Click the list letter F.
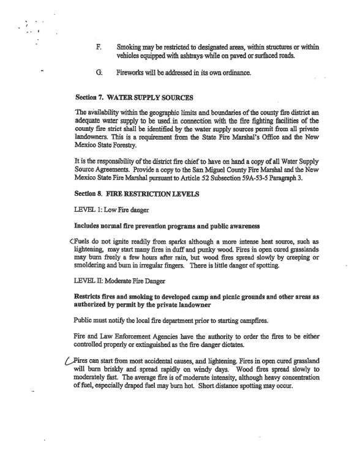coord(99,46)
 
